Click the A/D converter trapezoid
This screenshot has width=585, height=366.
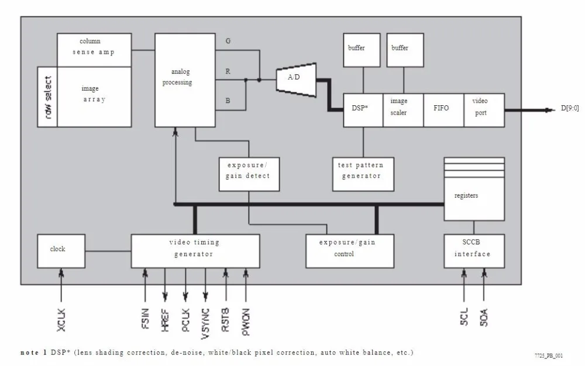296,80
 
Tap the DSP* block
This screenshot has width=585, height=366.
363,110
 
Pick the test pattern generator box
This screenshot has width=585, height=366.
363,174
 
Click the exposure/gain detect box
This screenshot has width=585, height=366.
249,174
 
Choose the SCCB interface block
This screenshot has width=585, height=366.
474,251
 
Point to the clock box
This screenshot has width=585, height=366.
61,251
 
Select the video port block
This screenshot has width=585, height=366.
484,110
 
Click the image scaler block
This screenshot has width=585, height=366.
403,110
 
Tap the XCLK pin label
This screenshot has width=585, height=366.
61,320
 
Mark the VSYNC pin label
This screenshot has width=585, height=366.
205,323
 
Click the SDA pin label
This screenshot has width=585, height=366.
484,317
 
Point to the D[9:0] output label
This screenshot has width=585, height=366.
570,108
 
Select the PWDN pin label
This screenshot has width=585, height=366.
246,322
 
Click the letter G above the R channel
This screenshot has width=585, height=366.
228,41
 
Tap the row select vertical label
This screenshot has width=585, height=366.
48,97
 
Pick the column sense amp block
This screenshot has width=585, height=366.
94,50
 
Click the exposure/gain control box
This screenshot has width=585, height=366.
350,251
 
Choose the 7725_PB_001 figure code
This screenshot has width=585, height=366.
549,355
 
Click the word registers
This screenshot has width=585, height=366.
466,195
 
